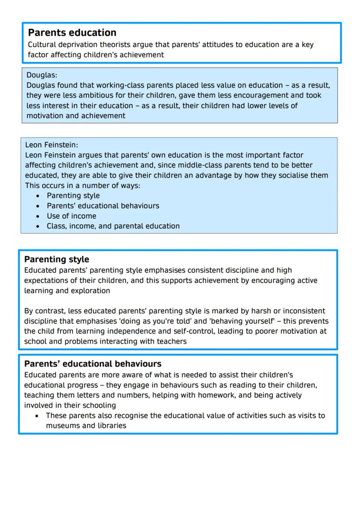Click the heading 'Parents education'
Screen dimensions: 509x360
[72, 33]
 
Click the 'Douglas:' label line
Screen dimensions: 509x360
[42, 75]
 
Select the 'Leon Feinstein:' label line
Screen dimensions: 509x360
[52, 145]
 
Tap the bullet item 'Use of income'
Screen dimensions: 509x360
[71, 216]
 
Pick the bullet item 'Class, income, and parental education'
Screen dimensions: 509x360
[113, 226]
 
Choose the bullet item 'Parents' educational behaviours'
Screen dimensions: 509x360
[103, 206]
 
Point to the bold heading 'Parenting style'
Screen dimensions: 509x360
[57, 259]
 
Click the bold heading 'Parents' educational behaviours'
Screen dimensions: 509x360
[93, 364]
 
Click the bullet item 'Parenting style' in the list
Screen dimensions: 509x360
[73, 196]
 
